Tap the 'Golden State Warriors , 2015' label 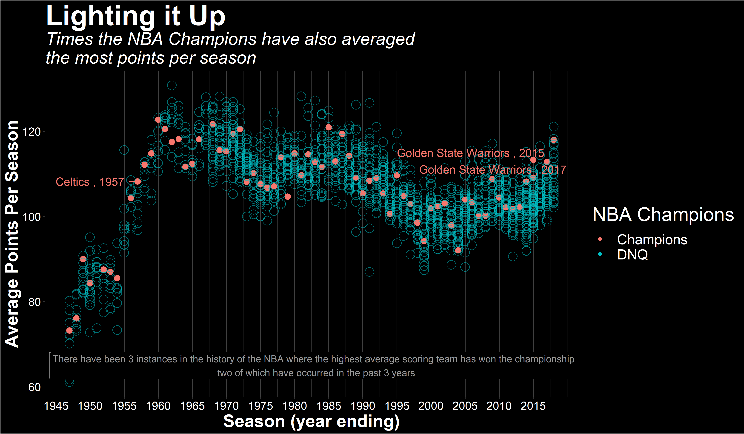470,153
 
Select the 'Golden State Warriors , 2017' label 492,170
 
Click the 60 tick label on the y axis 34,387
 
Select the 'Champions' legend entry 652,239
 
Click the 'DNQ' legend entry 632,255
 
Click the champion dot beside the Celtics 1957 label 138,182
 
